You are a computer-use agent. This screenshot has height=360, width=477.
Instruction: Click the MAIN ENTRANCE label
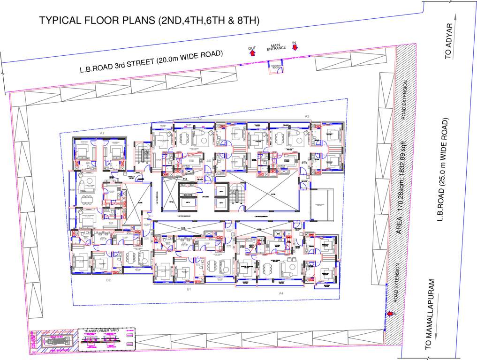(276, 47)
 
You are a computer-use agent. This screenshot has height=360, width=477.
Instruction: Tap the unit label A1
(101, 133)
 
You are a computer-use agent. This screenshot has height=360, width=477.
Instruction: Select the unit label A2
(199, 119)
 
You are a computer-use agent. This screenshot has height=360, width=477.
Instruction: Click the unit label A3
(307, 116)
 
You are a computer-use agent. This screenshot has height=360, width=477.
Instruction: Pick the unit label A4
(281, 293)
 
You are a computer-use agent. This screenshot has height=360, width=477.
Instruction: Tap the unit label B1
(189, 290)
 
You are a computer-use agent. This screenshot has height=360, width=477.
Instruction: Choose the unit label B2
(108, 280)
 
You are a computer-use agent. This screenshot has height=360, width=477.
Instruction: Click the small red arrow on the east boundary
(390, 314)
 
